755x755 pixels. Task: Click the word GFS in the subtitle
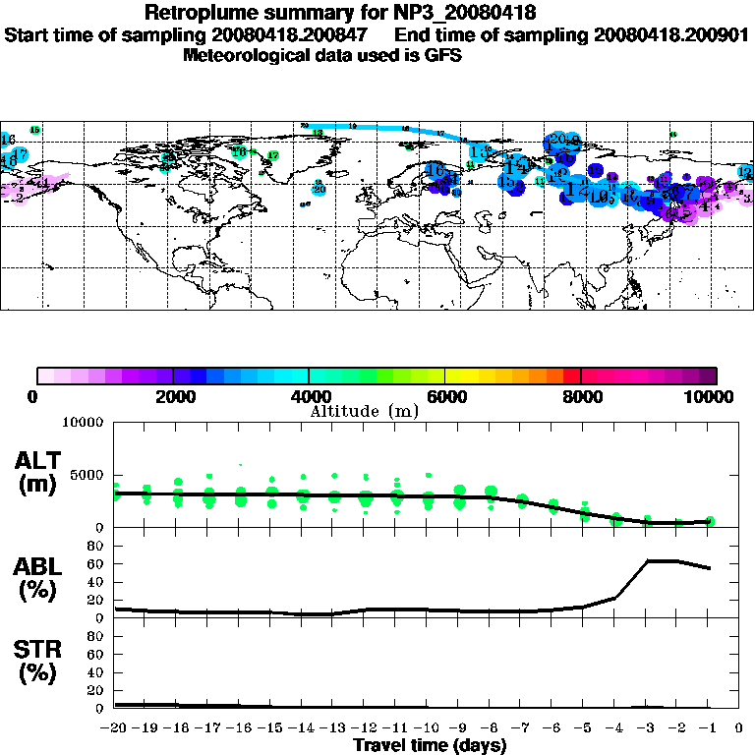(442, 55)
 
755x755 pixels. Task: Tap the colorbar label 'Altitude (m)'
(365, 410)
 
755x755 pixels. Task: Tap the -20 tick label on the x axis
(114, 728)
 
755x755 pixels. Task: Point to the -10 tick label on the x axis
(427, 728)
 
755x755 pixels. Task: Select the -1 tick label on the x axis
(708, 728)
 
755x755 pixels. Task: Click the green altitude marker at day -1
(710, 521)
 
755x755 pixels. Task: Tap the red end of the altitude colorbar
(571, 375)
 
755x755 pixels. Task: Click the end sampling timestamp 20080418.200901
(671, 34)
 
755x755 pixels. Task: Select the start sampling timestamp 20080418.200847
(309, 34)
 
